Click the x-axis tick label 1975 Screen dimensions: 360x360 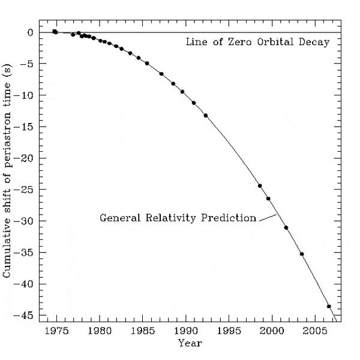tap(57, 331)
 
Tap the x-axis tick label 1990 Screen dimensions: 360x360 tap(186, 331)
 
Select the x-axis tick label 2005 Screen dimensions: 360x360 tap(314, 331)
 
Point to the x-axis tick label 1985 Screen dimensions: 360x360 tap(143, 331)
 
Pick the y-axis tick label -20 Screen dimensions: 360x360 tap(26, 158)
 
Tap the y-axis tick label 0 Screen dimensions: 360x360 tap(31, 32)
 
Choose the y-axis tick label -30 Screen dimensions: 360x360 tap(26, 221)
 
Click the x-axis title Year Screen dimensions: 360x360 tap(190, 343)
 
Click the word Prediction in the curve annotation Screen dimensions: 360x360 tap(229, 217)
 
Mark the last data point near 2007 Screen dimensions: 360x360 tap(329, 306)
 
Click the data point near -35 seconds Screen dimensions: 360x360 tap(302, 254)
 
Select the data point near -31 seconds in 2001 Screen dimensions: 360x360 tap(286, 227)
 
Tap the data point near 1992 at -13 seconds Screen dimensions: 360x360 tap(206, 115)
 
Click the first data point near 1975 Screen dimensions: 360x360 tap(55, 31)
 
